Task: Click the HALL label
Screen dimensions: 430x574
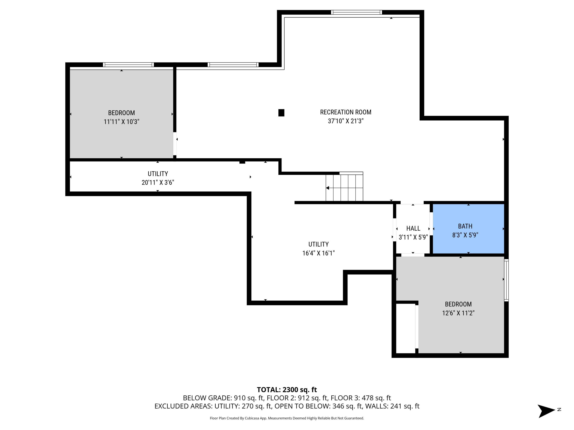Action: click(x=413, y=228)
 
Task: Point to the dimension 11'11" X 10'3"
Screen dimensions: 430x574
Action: click(x=121, y=122)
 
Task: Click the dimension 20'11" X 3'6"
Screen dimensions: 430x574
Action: click(x=158, y=183)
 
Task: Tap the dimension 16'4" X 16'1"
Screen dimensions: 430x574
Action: click(x=318, y=253)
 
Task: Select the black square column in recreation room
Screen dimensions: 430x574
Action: click(x=281, y=113)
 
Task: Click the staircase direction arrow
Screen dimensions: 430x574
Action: click(x=328, y=188)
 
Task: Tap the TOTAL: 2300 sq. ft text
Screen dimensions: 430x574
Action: click(x=287, y=389)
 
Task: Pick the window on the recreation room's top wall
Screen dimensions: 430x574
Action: click(x=356, y=12)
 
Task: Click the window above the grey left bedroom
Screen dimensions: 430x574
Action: click(x=128, y=65)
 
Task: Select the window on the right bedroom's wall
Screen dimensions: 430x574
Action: click(x=506, y=280)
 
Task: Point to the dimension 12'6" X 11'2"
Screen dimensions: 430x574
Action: click(x=458, y=313)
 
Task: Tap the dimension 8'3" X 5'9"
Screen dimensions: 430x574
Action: click(x=465, y=235)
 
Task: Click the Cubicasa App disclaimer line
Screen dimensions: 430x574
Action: click(x=287, y=418)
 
